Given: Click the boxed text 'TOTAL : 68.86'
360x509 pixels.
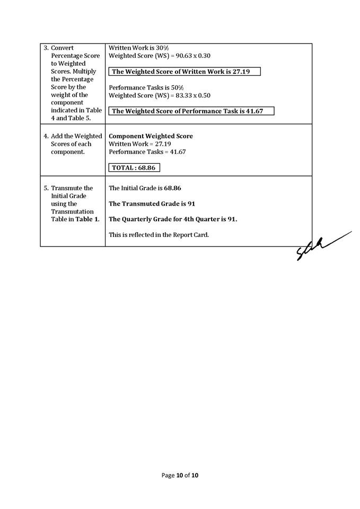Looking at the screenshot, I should [135, 168].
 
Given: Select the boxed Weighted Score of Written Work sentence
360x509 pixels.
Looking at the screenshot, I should [185, 72].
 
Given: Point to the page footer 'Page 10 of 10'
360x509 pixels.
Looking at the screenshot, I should [180, 476].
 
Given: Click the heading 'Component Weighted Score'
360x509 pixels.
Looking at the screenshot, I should [151, 136].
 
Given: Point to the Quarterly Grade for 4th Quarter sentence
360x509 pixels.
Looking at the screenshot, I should [173, 219].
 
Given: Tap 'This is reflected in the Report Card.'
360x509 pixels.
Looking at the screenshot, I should [159, 234].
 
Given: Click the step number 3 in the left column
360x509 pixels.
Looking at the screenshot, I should [46, 48].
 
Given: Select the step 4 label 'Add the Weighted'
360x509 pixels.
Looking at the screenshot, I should [76, 136].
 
